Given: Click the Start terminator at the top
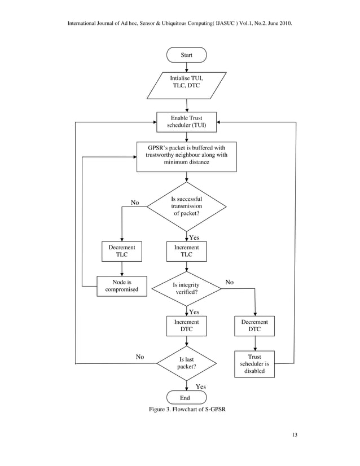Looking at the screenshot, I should point(186,55).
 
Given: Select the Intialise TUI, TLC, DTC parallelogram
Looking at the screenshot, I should point(186,84).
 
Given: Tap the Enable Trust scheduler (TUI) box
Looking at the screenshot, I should point(186,122).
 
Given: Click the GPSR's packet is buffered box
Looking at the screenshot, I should point(186,156).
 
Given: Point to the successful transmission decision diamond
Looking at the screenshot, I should point(186,206).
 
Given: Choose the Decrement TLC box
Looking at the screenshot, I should point(122,251).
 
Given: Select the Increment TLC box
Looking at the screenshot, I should point(186,251).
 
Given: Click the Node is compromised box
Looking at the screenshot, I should point(122,285).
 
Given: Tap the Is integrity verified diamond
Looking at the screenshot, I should point(186,289).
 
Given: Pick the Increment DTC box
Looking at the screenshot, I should point(186,326).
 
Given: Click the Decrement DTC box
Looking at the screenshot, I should point(254,326).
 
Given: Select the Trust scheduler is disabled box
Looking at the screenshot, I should point(254,364).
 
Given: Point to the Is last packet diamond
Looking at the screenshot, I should point(186,363).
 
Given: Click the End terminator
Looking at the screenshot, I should point(186,397).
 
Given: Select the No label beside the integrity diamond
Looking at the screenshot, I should point(230,282).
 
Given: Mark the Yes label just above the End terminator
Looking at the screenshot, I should point(200,386).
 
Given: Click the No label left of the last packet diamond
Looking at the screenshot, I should point(140,357).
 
